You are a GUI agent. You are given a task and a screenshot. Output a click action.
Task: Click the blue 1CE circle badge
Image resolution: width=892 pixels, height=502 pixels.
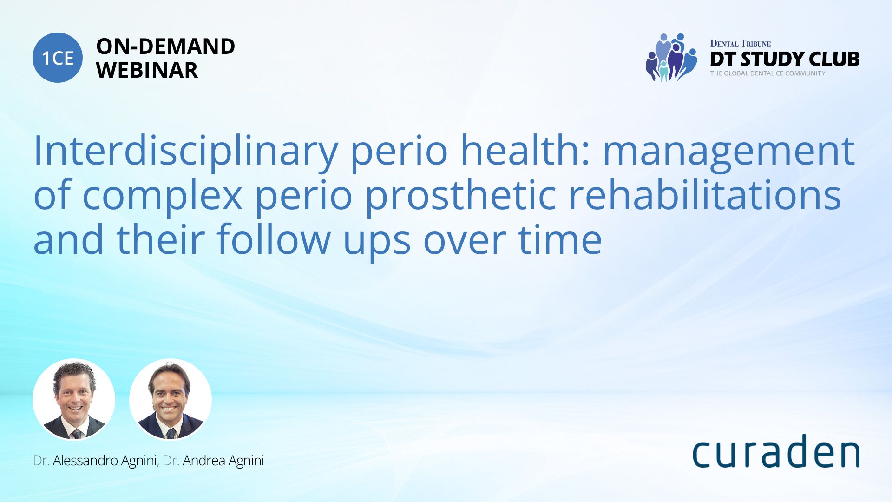coord(58,58)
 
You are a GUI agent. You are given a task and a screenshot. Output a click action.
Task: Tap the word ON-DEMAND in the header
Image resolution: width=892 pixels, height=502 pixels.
coord(165,46)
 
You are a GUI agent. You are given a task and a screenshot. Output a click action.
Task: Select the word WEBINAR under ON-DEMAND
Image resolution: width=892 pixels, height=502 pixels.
coord(147,70)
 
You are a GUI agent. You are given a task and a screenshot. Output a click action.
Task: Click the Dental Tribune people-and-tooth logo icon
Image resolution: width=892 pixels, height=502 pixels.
coord(671,57)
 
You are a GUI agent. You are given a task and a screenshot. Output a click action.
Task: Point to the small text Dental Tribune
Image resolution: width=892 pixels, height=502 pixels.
coord(740,44)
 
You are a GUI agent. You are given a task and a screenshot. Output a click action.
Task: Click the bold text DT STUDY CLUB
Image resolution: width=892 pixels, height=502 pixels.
coord(785,59)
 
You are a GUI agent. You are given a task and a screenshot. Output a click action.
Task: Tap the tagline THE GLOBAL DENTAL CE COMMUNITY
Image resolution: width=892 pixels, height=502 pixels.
coord(767,73)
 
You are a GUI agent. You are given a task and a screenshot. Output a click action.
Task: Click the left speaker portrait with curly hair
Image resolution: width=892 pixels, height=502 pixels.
coord(74,399)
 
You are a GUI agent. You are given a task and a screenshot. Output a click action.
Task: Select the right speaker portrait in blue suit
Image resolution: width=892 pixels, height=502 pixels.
coord(171,399)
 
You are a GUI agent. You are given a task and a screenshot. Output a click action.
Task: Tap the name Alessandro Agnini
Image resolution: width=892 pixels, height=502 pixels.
coord(105,461)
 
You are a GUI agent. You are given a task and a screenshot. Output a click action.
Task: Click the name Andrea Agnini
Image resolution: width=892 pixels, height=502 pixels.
coord(223,461)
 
